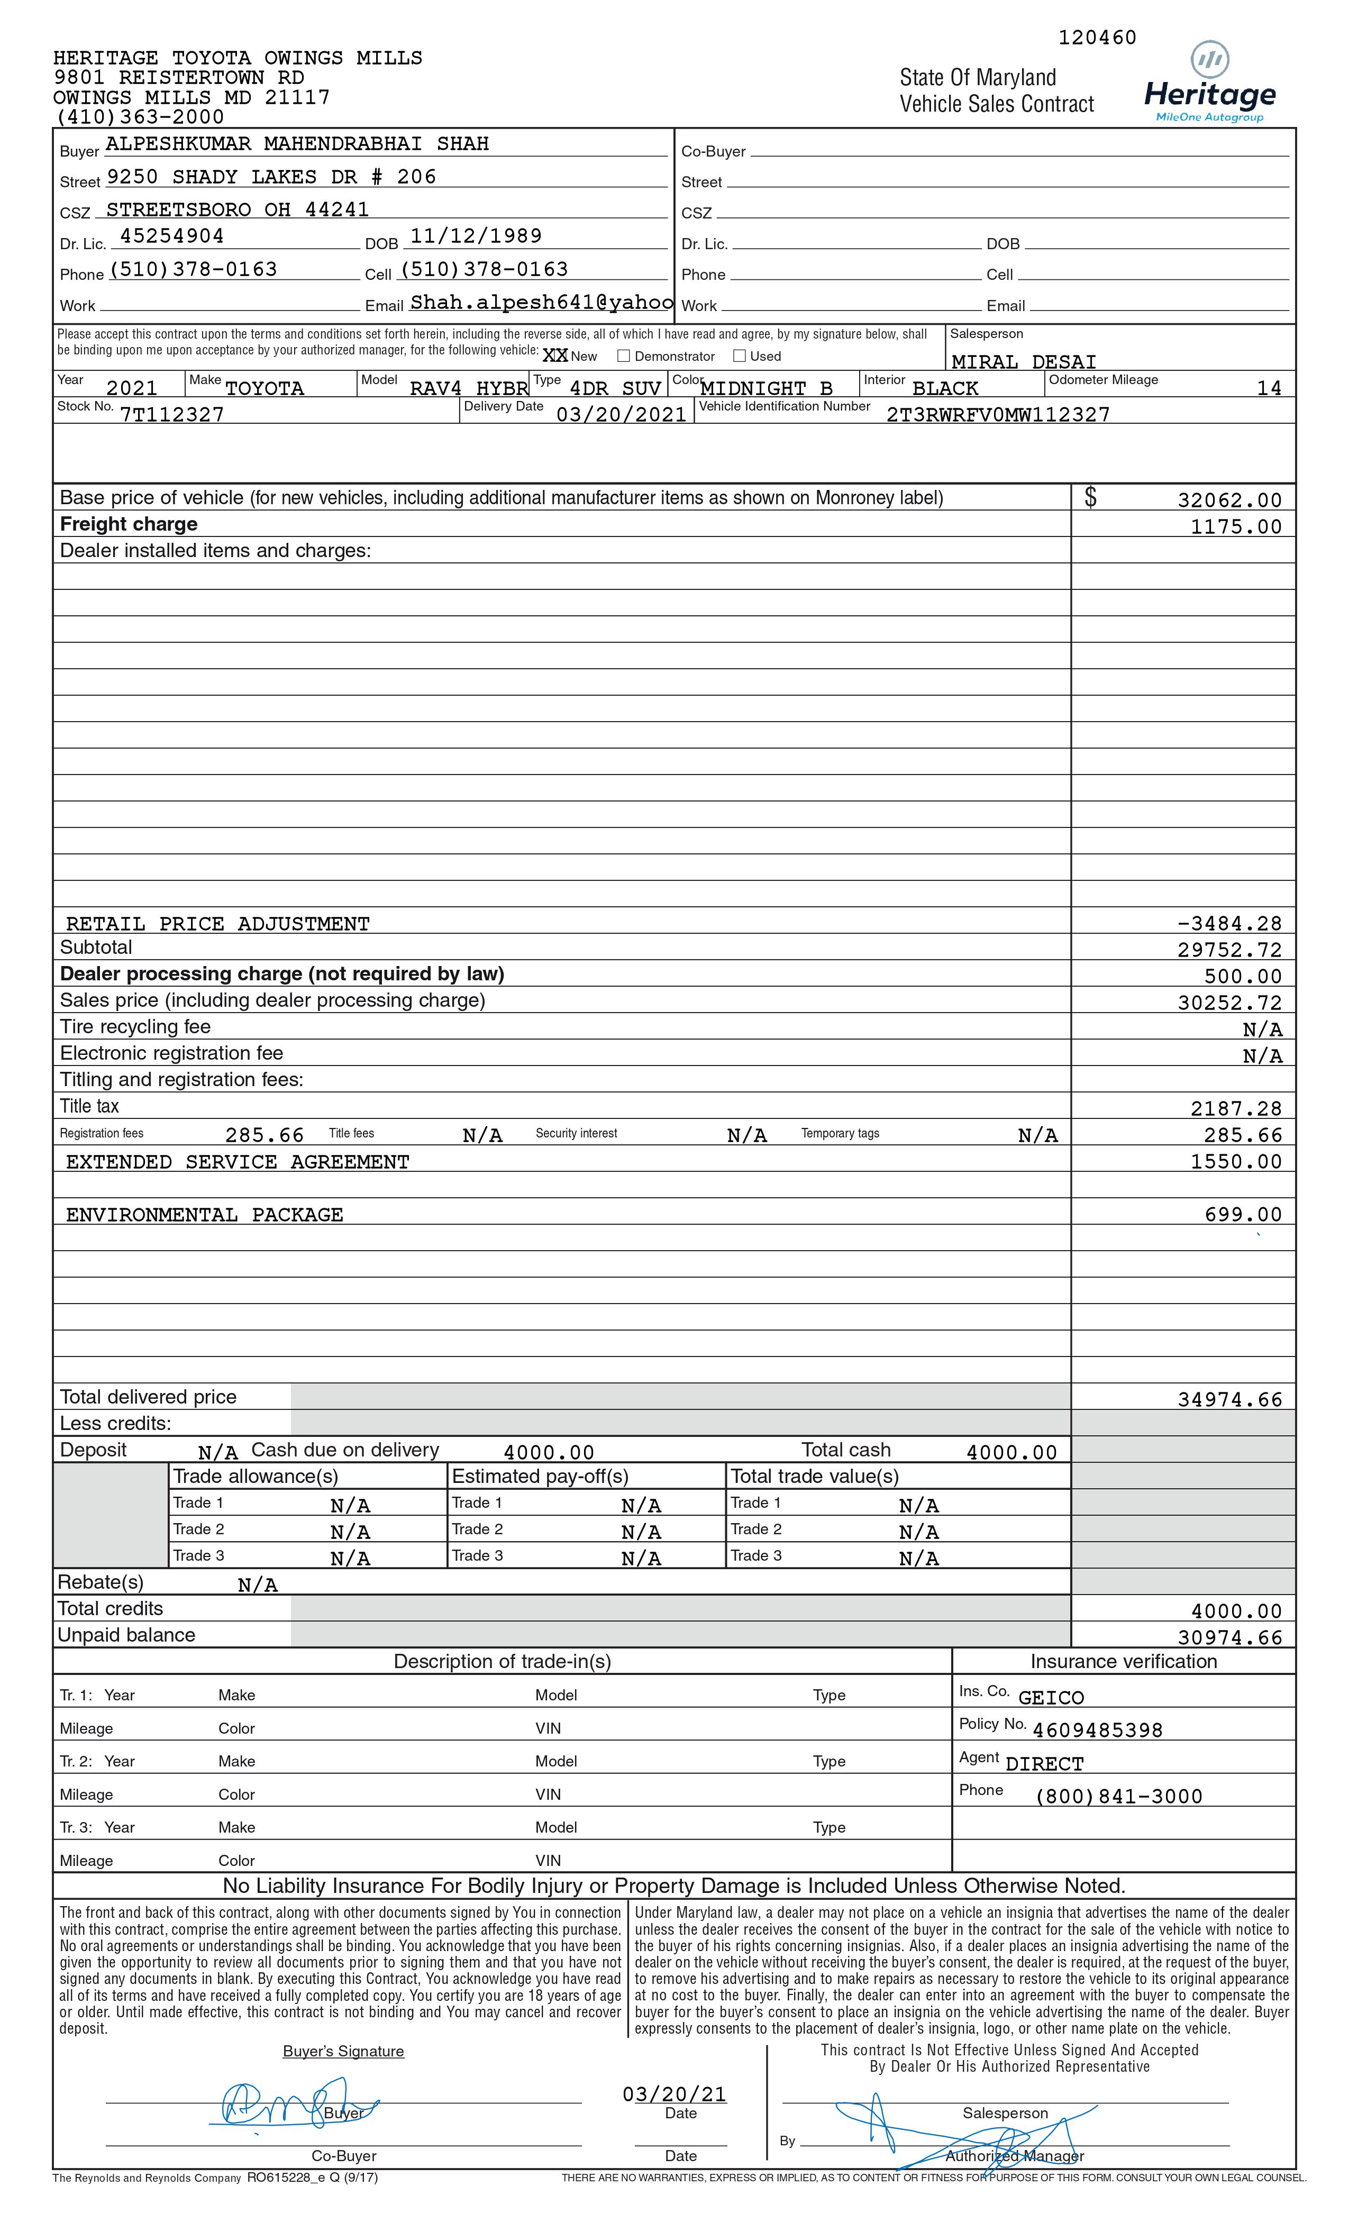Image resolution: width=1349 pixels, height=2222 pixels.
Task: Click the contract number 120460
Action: click(1097, 38)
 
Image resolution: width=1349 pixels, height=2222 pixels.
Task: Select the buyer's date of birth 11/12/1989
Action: click(476, 236)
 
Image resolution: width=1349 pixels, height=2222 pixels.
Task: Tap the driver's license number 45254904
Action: click(171, 236)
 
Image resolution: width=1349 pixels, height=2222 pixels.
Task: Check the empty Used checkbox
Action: click(740, 356)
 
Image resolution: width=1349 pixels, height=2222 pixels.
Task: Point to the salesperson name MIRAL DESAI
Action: click(1024, 362)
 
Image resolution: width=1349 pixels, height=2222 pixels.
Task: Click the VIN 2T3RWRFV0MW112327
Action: click(997, 415)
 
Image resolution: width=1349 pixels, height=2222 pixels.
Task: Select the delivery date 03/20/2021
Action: click(621, 415)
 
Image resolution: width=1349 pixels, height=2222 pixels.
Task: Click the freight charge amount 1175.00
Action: click(1235, 526)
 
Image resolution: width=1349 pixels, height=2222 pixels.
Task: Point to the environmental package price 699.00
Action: click(1243, 1215)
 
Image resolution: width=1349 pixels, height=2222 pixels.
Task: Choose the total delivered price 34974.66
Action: click(1229, 1399)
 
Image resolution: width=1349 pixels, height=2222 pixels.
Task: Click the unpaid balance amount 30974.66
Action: click(1229, 1637)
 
